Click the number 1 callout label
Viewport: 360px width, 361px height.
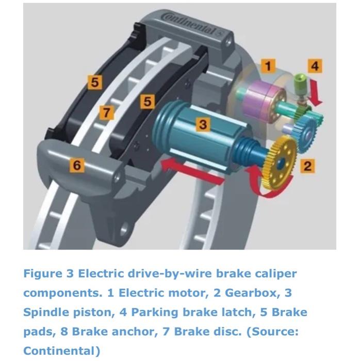click(267, 65)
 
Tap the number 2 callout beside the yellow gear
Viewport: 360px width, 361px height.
click(308, 166)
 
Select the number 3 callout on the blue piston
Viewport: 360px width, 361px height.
click(203, 124)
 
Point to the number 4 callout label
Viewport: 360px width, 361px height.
click(315, 65)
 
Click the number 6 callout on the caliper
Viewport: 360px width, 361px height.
click(77, 165)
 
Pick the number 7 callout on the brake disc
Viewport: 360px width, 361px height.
click(106, 112)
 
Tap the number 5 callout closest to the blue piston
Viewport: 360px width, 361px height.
click(148, 102)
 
